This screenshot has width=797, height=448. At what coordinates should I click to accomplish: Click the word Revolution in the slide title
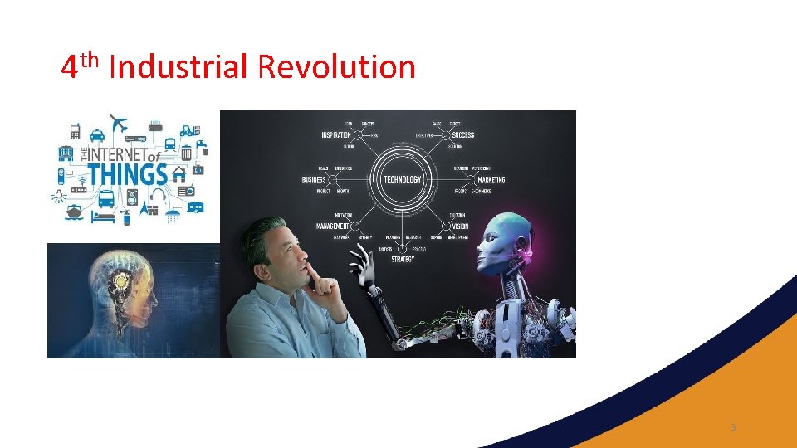pyautogui.click(x=336, y=66)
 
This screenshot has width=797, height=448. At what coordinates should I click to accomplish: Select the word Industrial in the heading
pyautogui.click(x=178, y=66)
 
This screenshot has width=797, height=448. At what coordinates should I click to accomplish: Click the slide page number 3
pyautogui.click(x=733, y=427)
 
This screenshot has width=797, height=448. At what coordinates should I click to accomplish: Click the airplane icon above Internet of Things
pyautogui.click(x=118, y=125)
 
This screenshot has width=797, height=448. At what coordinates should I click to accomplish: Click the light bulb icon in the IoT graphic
pyautogui.click(x=59, y=197)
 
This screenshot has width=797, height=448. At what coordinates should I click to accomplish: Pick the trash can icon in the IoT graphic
pyautogui.click(x=186, y=153)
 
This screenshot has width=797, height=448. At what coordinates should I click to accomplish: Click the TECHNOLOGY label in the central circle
pyautogui.click(x=402, y=179)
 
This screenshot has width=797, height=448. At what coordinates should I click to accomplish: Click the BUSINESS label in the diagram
pyautogui.click(x=314, y=179)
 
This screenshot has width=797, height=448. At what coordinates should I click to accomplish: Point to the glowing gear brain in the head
pyautogui.click(x=122, y=285)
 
